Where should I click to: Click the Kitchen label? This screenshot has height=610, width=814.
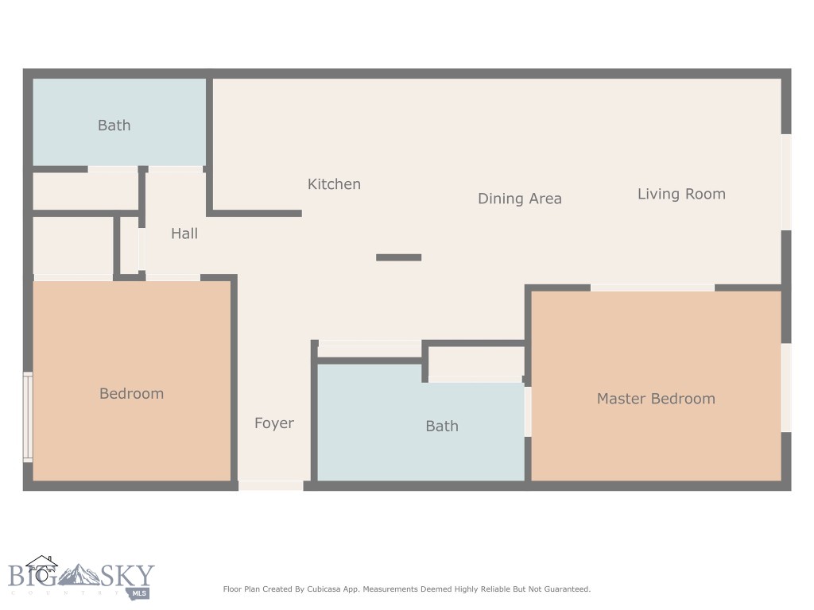334,184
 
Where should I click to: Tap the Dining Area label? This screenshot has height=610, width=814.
519,199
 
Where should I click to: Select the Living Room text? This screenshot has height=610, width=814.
681,194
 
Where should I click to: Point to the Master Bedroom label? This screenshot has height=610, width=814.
656,399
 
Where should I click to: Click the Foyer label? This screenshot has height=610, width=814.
273,423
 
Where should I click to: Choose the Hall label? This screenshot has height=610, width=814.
184,234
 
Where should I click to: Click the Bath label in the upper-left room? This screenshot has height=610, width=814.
114,125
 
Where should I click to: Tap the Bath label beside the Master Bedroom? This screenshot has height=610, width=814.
441,427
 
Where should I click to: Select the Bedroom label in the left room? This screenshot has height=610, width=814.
131,394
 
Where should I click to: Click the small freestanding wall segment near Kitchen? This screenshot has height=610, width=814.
398,257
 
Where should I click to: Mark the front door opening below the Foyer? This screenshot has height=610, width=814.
270,485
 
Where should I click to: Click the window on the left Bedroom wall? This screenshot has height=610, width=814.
28,417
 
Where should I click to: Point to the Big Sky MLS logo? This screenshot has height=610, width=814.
79,577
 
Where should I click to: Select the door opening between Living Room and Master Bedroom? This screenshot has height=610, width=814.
652,288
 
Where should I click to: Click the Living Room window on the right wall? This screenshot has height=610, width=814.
786,182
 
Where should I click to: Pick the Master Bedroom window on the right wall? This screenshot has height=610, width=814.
786,388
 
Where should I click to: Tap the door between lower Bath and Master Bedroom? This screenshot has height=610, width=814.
528,411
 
